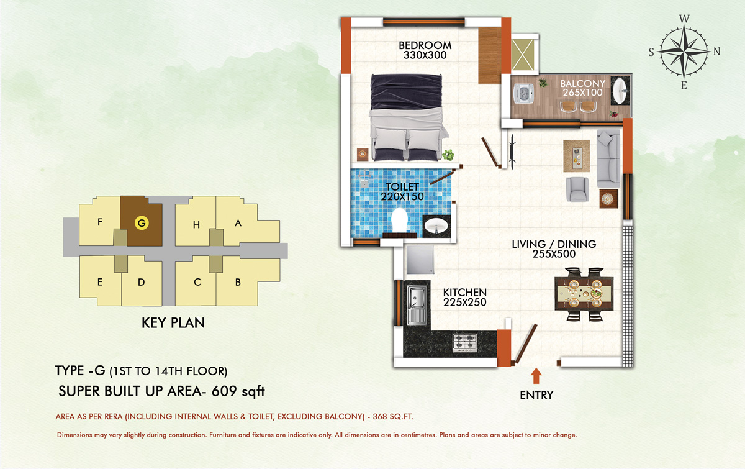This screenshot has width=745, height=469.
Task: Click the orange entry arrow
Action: pyautogui.click(x=536, y=376)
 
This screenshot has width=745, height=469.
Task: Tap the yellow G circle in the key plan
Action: pyautogui.click(x=142, y=223)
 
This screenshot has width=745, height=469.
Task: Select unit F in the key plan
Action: pyautogui.click(x=100, y=221)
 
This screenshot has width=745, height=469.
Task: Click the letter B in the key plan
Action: pyautogui.click(x=238, y=282)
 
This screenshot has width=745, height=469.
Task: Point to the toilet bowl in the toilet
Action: pyautogui.click(x=399, y=220)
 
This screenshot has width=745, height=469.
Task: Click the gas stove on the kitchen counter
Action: pyautogui.click(x=464, y=342)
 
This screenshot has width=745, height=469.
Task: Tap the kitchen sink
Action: pyautogui.click(x=417, y=304)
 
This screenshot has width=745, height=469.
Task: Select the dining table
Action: pyautogui.click(x=584, y=294)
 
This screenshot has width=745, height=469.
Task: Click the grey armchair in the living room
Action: pyautogui.click(x=577, y=189)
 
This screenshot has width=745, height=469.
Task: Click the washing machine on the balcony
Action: pyautogui.click(x=524, y=93)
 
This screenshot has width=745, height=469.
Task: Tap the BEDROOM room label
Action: pyautogui.click(x=425, y=45)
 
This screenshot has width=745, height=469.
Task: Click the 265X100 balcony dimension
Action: pyautogui.click(x=583, y=93)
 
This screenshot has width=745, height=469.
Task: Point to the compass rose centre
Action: pyautogui.click(x=684, y=52)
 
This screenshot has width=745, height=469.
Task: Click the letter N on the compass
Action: pyautogui.click(x=716, y=52)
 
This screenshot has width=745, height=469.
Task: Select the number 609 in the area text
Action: pyautogui.click(x=224, y=391)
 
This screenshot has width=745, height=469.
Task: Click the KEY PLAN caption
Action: pyautogui.click(x=173, y=323)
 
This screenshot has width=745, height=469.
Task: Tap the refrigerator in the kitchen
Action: pyautogui.click(x=420, y=260)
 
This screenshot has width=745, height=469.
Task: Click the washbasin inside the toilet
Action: pyautogui.click(x=436, y=226)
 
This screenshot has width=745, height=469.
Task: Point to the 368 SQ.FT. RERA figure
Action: pyautogui.click(x=393, y=417)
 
